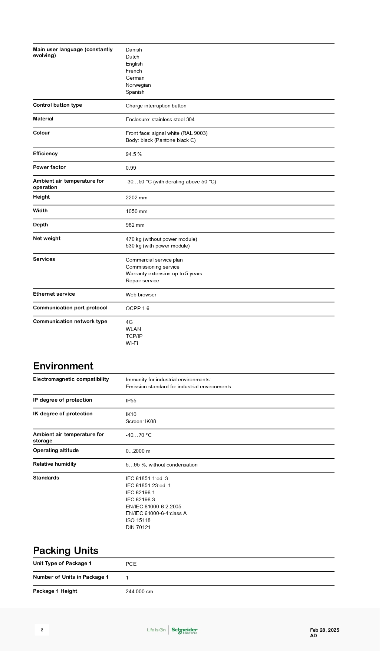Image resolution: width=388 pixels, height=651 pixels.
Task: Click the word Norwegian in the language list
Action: point(138,85)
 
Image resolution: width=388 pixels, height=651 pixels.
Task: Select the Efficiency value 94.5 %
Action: point(134,154)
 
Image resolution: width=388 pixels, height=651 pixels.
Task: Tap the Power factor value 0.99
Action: point(131,168)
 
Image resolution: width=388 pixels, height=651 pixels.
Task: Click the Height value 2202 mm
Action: point(137,197)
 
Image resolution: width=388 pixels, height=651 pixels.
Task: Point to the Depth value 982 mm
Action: point(135,225)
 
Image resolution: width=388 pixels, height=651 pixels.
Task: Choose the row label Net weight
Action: point(47,238)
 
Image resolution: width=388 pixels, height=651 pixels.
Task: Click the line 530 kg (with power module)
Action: point(158,246)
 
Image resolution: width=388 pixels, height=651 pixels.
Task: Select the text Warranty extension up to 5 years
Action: point(164,273)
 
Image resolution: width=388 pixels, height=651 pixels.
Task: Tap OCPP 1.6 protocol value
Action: point(138,308)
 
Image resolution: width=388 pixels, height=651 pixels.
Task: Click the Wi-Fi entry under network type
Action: point(132,343)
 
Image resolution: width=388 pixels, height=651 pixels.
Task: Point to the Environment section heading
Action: point(63,366)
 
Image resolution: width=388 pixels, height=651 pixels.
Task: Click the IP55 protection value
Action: point(131,401)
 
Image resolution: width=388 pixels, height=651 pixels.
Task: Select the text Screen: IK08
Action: point(141,421)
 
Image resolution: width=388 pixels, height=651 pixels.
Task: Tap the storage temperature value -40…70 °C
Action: point(139,435)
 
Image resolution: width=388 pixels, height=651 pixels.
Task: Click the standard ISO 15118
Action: point(138,520)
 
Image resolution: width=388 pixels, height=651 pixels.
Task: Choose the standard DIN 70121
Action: point(138,527)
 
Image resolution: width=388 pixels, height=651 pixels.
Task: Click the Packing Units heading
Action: point(66,550)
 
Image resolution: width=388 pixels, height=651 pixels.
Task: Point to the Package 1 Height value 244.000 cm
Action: point(139,591)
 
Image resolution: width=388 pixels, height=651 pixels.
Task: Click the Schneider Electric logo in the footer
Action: point(184,630)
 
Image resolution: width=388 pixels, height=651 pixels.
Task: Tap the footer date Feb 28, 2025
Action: point(325,630)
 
